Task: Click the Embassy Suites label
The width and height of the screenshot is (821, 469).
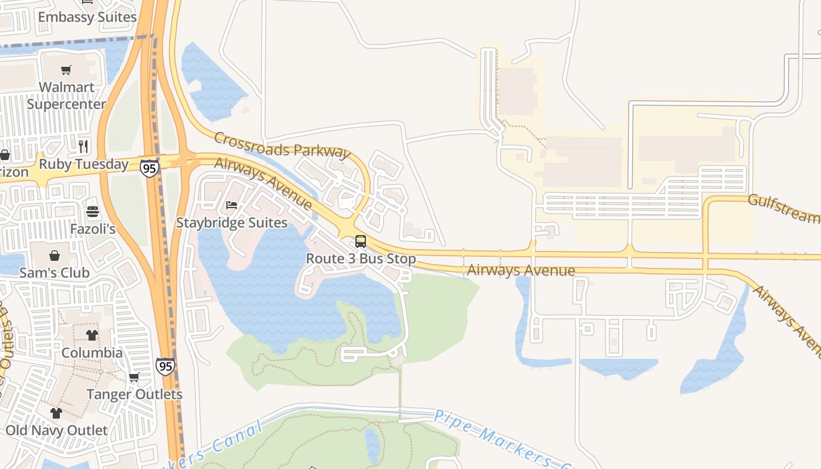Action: click(87, 17)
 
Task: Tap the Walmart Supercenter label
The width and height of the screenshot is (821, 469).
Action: click(66, 96)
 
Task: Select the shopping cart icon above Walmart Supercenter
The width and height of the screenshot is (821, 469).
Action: click(66, 70)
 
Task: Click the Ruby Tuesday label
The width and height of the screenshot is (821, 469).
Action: click(83, 164)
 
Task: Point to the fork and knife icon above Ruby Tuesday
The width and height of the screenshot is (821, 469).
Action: click(83, 145)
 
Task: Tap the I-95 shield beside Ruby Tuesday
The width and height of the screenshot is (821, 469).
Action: click(150, 168)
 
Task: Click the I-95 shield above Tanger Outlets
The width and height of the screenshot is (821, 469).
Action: click(165, 366)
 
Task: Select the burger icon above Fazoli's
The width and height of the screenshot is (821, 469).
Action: click(93, 212)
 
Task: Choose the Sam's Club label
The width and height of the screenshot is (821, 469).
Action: click(55, 273)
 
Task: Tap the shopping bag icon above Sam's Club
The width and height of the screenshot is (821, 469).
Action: click(55, 256)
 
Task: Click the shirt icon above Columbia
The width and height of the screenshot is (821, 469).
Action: click(92, 335)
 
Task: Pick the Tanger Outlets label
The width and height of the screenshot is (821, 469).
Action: click(134, 395)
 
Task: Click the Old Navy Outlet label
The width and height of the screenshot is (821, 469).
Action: click(56, 430)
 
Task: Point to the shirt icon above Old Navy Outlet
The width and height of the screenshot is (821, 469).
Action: click(56, 413)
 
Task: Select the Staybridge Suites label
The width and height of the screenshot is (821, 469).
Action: click(232, 223)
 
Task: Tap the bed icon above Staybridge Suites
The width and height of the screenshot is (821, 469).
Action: click(232, 205)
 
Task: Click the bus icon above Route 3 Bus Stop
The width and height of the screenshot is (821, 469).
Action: click(361, 242)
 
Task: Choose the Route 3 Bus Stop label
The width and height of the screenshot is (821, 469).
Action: click(361, 259)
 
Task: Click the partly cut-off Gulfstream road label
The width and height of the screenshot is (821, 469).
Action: click(784, 208)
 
